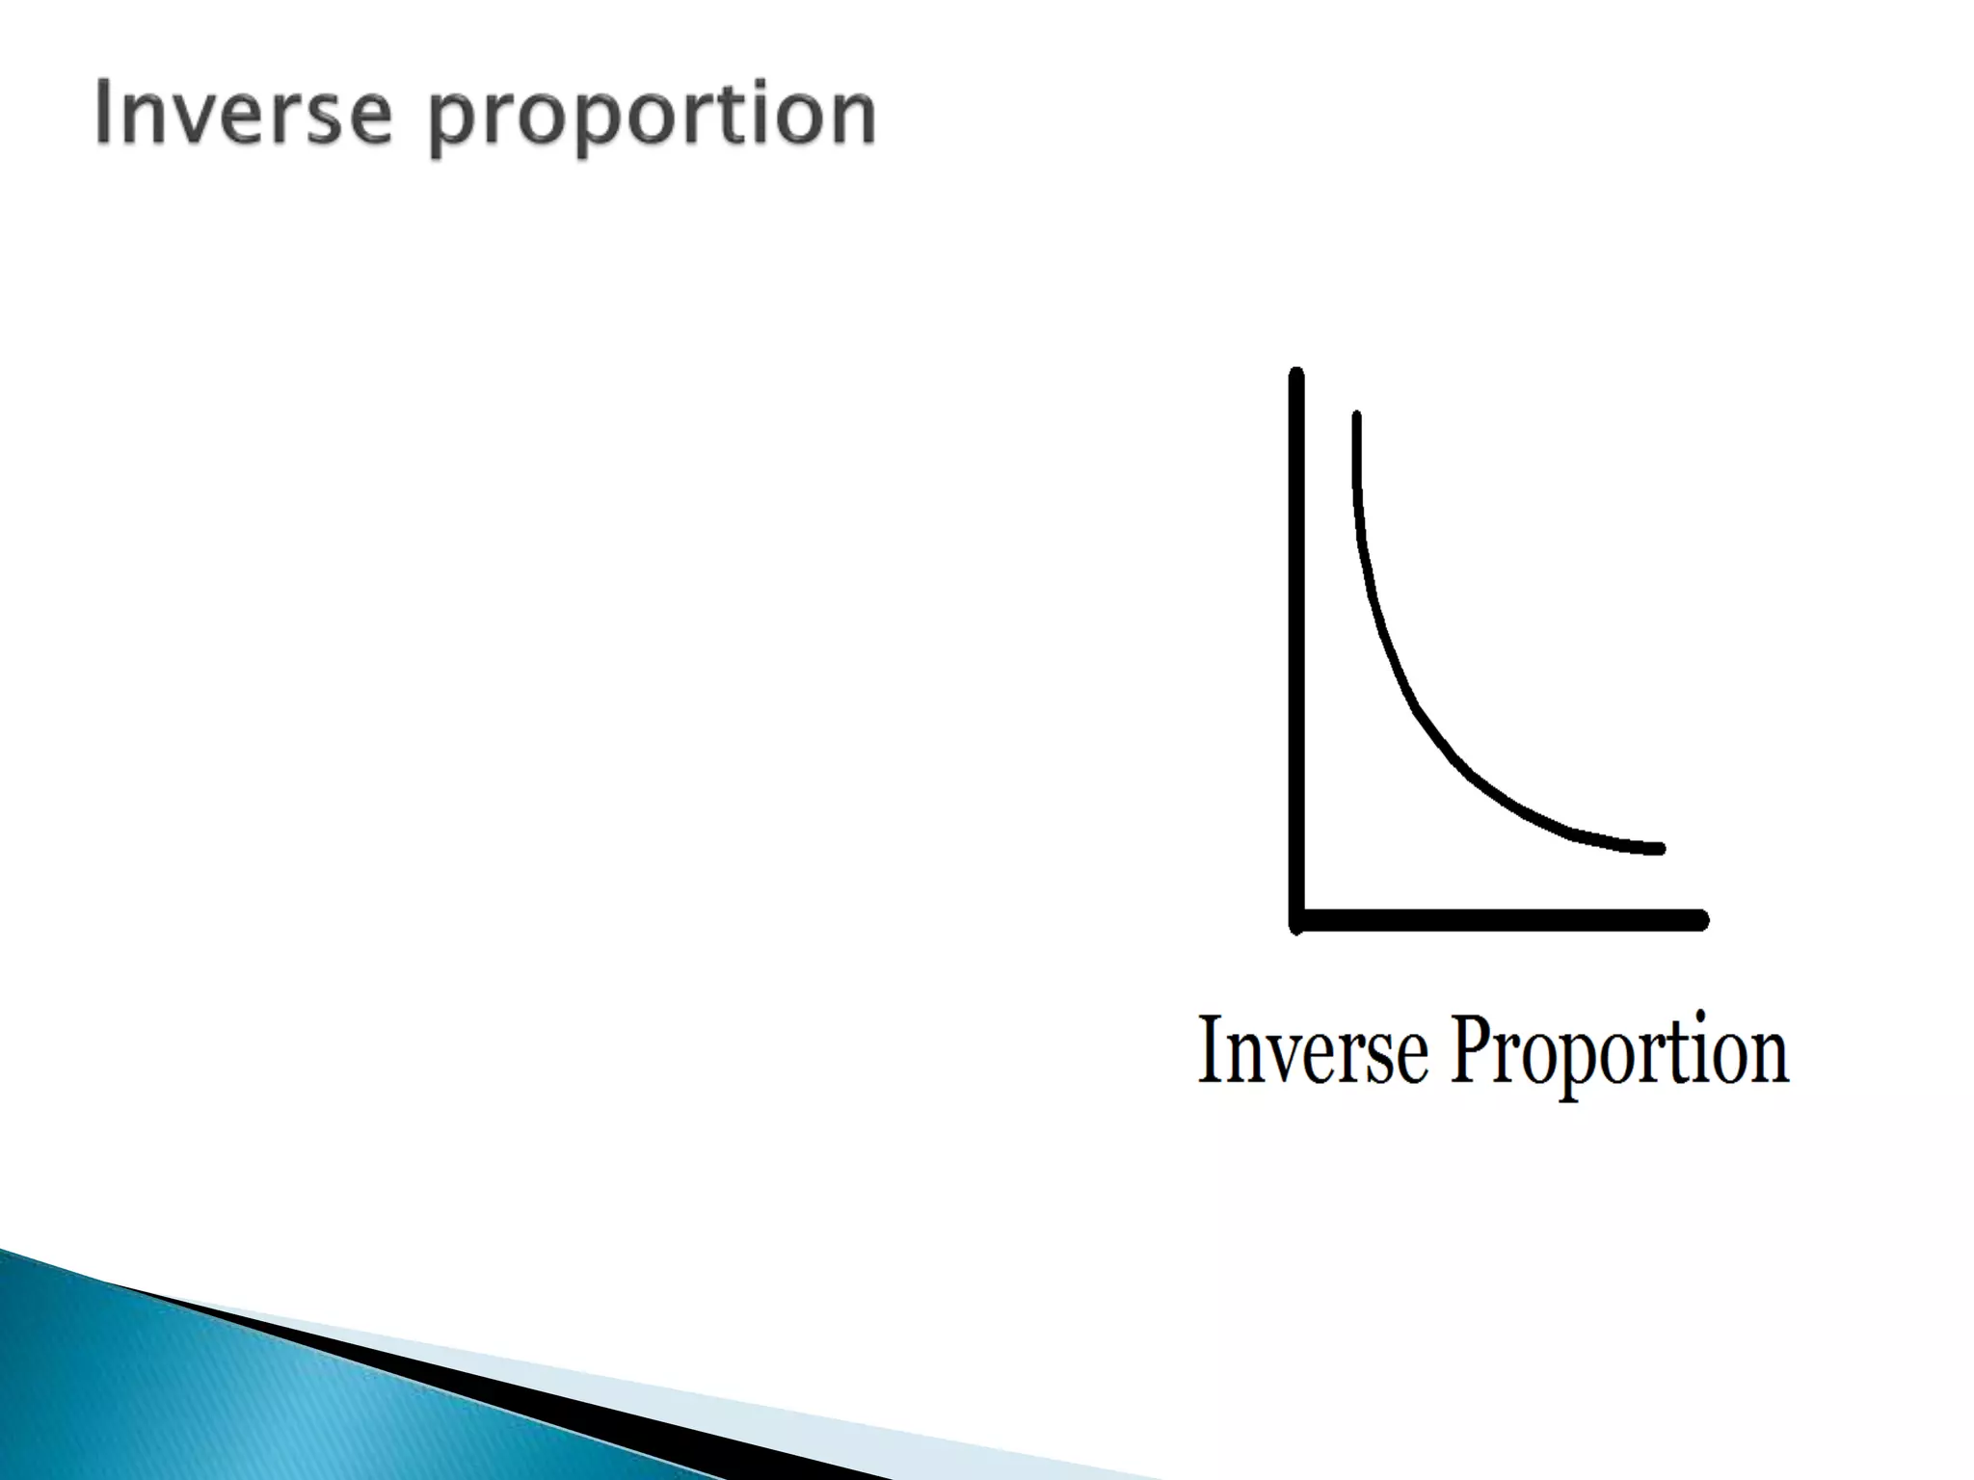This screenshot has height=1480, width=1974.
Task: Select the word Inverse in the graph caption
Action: pos(1312,1050)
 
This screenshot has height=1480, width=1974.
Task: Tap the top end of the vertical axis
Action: pos(1296,374)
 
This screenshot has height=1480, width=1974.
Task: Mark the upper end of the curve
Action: pos(1356,418)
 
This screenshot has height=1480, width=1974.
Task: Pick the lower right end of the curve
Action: pos(1658,849)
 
